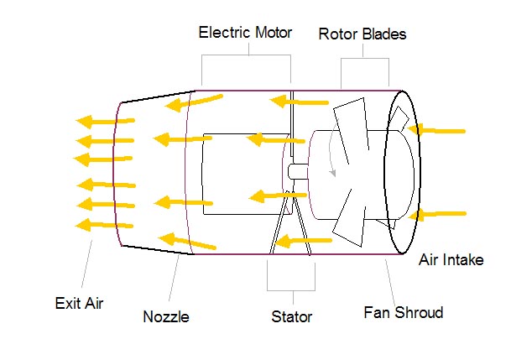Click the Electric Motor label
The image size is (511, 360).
click(x=245, y=33)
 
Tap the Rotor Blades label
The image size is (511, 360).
click(x=362, y=34)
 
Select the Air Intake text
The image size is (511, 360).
click(x=451, y=259)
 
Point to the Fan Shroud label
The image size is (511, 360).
click(x=403, y=313)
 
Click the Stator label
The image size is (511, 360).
click(x=291, y=317)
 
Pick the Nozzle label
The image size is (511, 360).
click(x=165, y=317)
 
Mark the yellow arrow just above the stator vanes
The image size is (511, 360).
click(x=273, y=198)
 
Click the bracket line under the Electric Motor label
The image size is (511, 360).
click(x=246, y=56)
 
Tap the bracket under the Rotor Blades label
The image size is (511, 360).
click(x=365, y=58)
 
